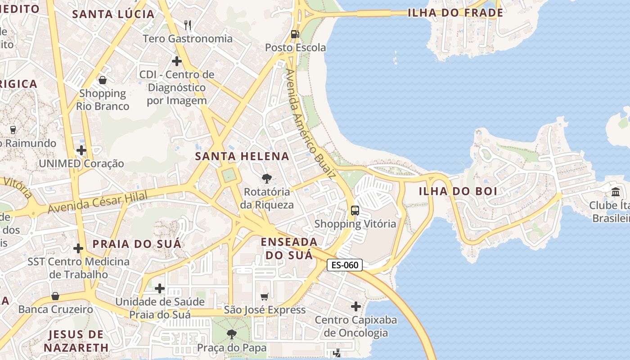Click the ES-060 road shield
(345, 265)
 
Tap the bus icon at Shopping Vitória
(355, 210)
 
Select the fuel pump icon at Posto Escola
(295, 34)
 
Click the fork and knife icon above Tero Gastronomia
(188, 25)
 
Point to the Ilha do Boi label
(458, 191)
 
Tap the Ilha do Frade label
(455, 13)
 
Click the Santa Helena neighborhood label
(242, 157)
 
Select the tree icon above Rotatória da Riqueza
(266, 179)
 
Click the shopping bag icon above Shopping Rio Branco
(103, 80)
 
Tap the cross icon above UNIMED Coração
(81, 150)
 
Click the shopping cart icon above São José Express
(265, 297)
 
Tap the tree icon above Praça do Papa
(232, 334)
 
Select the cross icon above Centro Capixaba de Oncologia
(356, 306)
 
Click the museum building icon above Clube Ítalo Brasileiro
(616, 192)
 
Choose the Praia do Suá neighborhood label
(137, 244)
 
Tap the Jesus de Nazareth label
(76, 341)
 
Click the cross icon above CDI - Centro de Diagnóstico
(177, 61)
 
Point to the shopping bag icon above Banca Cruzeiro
(55, 296)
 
